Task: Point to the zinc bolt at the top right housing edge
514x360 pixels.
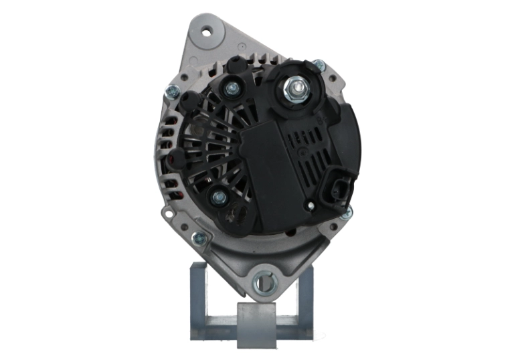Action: pyautogui.click(x=319, y=66)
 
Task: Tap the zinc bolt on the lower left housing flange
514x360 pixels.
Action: pyautogui.click(x=199, y=238)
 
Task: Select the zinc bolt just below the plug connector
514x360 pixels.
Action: pyautogui.click(x=346, y=213)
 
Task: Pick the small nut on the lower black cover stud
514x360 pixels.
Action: pyautogui.click(x=218, y=197)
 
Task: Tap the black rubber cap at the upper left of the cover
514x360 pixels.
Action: pyautogui.click(x=191, y=100)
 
